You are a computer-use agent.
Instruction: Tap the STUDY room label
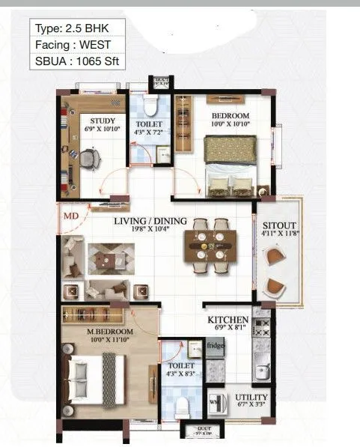(102, 120)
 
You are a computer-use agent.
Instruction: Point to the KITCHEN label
(228, 320)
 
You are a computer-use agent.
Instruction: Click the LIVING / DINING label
(150, 222)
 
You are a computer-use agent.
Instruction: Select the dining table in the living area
(210, 246)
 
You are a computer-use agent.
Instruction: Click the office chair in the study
(89, 159)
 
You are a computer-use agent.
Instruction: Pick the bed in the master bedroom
(101, 378)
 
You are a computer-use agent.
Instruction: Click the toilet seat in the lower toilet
(180, 406)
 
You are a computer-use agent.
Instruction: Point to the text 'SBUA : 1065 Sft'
(77, 61)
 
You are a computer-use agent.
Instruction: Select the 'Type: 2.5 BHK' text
(71, 28)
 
